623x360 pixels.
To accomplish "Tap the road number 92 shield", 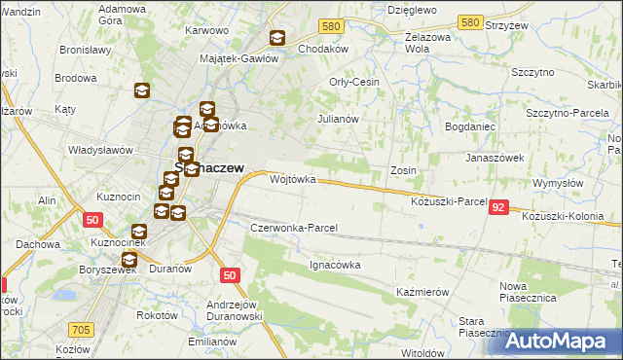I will (x=498, y=207).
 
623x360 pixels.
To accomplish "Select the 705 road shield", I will (x=82, y=331).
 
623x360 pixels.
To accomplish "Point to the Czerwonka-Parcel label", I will (x=293, y=228).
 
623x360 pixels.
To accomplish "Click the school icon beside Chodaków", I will (x=277, y=38).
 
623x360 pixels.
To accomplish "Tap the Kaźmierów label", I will (x=421, y=292).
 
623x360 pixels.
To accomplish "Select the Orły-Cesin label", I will (x=354, y=82).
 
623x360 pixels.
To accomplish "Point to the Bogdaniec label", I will (x=472, y=127).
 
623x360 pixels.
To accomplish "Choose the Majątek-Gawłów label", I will (x=239, y=57).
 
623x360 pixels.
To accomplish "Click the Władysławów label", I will (x=99, y=150).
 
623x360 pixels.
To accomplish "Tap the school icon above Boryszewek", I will (x=128, y=259).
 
